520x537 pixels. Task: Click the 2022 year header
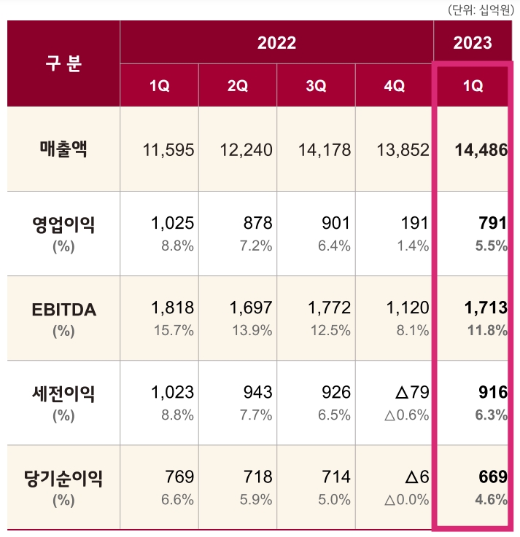coord(276,43)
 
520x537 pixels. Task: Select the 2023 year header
coord(473,43)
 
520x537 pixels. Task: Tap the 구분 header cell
coord(64,63)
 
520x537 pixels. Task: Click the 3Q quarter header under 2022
coord(316,86)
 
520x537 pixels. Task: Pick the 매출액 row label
coord(63,150)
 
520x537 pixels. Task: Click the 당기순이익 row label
coord(63,478)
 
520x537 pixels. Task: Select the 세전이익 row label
coord(63,394)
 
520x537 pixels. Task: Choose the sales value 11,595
coord(168,151)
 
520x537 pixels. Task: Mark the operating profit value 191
coord(415,224)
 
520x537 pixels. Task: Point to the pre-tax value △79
coord(412,393)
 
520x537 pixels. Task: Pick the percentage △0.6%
coord(406,415)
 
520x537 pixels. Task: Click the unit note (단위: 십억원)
coord(481,9)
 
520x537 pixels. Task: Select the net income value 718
coord(258,477)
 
